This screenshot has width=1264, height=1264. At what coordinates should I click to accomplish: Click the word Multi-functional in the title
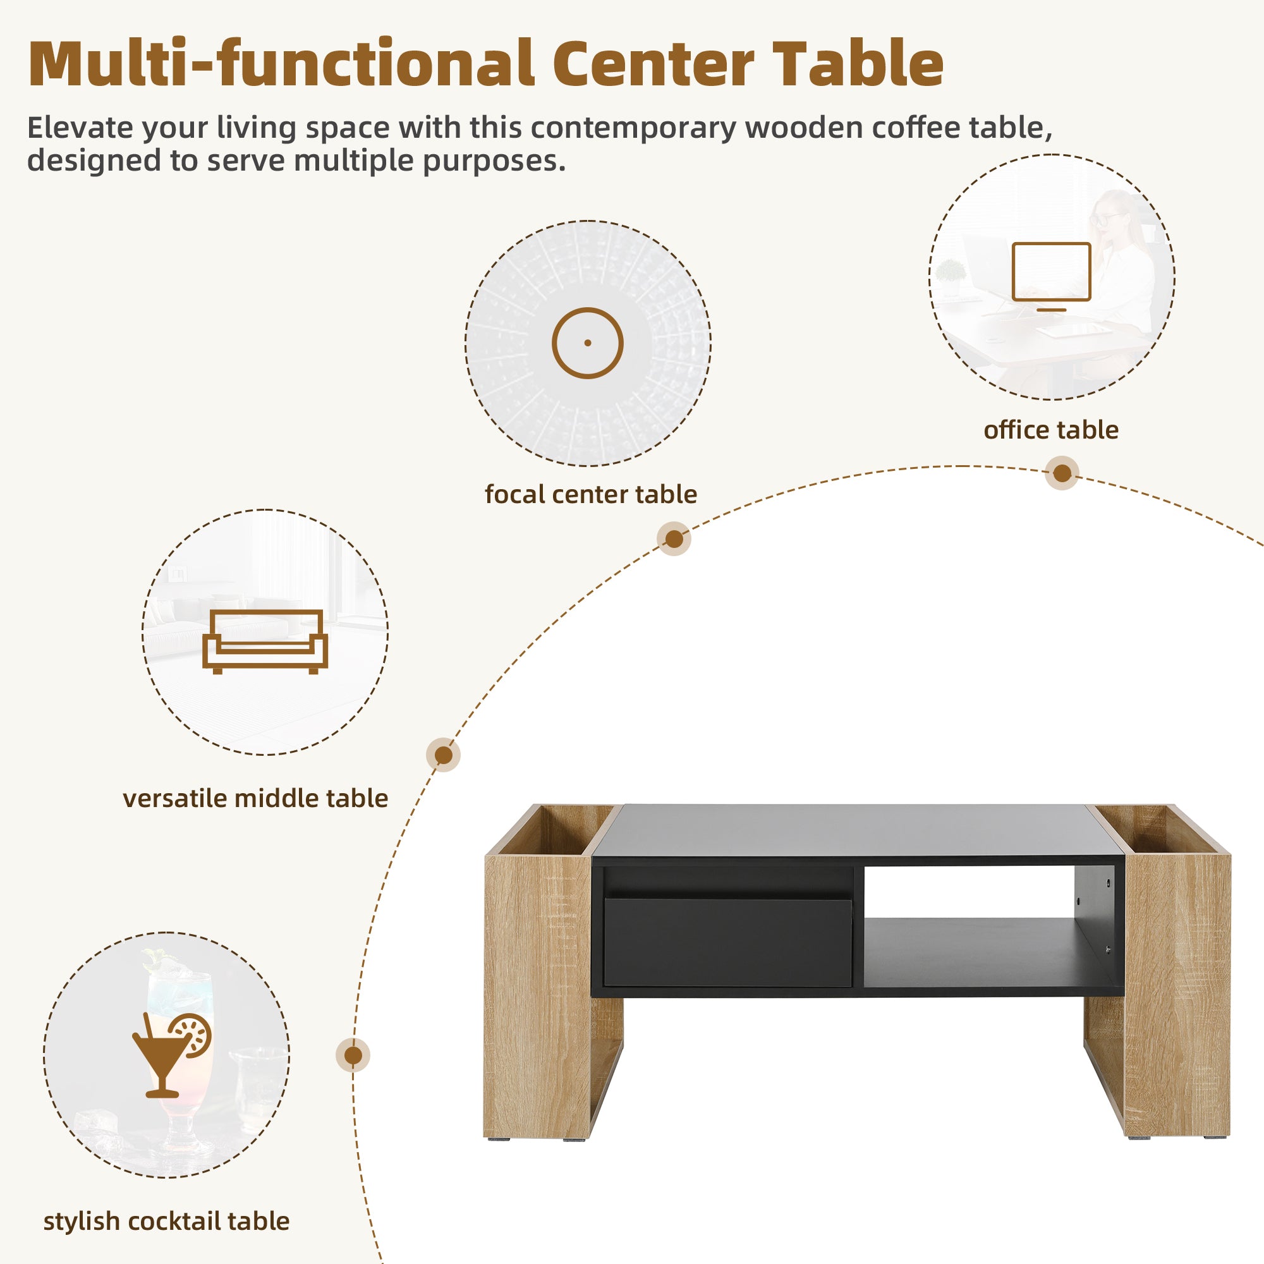(x=281, y=64)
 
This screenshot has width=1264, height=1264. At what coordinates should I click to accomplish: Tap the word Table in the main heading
(x=858, y=64)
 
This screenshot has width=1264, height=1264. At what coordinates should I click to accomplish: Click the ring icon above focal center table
(x=588, y=343)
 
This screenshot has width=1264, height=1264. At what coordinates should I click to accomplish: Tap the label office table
(x=1051, y=430)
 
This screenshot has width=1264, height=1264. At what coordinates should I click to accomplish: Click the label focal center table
(x=591, y=495)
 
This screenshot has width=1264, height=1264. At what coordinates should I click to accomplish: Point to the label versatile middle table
(x=255, y=799)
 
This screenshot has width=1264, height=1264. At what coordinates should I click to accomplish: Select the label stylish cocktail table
(x=166, y=1222)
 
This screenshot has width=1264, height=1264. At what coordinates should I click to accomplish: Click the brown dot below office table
(x=1062, y=473)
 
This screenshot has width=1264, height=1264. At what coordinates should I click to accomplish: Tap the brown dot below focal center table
(x=674, y=539)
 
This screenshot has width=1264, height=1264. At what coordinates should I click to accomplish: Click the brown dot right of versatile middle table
(x=444, y=755)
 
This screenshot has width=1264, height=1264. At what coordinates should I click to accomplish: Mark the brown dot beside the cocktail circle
(x=353, y=1055)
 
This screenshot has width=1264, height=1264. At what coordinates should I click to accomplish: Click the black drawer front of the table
(x=727, y=942)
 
